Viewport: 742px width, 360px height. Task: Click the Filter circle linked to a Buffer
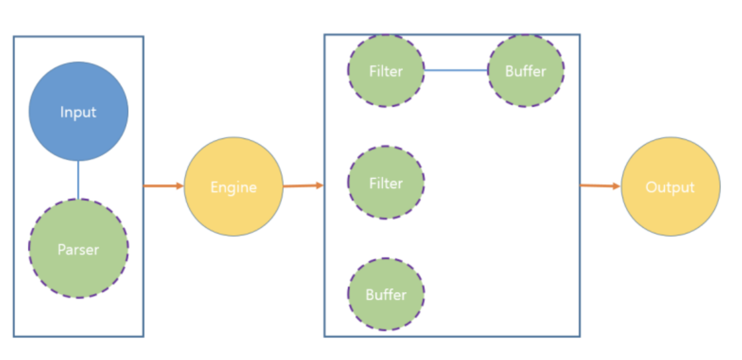(386, 88)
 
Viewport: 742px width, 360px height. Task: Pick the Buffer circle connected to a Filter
(526, 88)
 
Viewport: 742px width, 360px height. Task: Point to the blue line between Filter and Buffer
(455, 70)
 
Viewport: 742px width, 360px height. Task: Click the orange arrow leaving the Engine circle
(303, 186)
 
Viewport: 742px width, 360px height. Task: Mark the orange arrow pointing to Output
(600, 186)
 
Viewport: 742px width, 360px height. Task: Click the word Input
(78, 112)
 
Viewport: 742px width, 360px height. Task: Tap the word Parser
(78, 250)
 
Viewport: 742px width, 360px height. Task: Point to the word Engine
(233, 187)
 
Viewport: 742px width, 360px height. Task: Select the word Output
(670, 187)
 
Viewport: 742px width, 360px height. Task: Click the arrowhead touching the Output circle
(616, 186)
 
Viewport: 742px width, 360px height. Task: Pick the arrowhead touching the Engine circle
(180, 186)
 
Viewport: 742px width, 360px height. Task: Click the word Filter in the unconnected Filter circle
(386, 183)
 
